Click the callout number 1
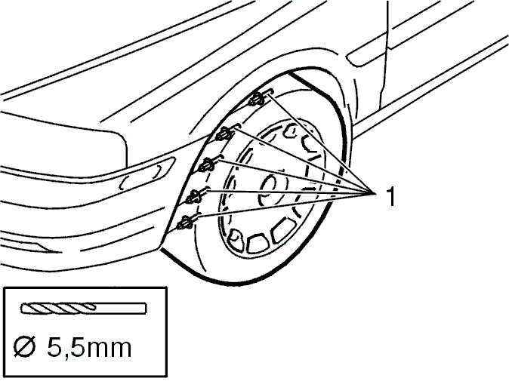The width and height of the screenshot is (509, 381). [391, 196]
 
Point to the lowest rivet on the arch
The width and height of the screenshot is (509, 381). [187, 223]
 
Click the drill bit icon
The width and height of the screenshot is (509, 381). [83, 308]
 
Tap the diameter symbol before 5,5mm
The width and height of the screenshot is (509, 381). [25, 348]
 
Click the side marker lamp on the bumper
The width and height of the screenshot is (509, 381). [147, 174]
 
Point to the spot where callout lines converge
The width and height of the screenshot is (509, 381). [373, 193]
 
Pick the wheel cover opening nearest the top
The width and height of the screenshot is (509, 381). [292, 131]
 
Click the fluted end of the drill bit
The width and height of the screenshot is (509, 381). [58, 308]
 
